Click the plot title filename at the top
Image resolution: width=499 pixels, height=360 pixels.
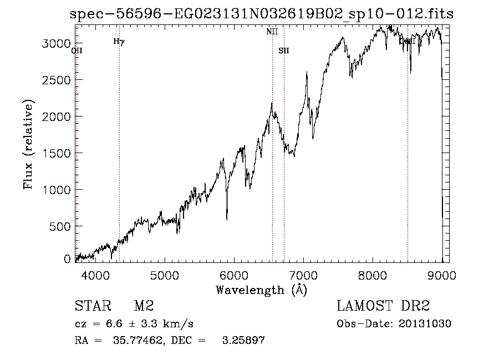tap(262, 14)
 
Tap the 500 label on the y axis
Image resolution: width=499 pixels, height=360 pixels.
tap(63, 226)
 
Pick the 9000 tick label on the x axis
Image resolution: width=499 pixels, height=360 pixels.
tap(442, 275)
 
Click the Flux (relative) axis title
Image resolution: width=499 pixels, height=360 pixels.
tap(28, 144)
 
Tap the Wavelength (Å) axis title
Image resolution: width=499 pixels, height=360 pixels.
tap(261, 290)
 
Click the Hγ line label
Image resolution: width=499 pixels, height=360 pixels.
tap(119, 41)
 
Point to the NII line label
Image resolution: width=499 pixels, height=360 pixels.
tap(272, 32)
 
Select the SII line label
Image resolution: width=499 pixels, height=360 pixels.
tap(284, 50)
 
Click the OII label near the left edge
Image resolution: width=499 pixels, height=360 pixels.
tap(77, 50)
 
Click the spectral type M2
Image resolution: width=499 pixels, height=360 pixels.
tap(144, 306)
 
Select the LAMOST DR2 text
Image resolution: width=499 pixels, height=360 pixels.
tap(383, 306)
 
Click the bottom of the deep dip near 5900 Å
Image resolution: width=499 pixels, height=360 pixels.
tap(227, 220)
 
